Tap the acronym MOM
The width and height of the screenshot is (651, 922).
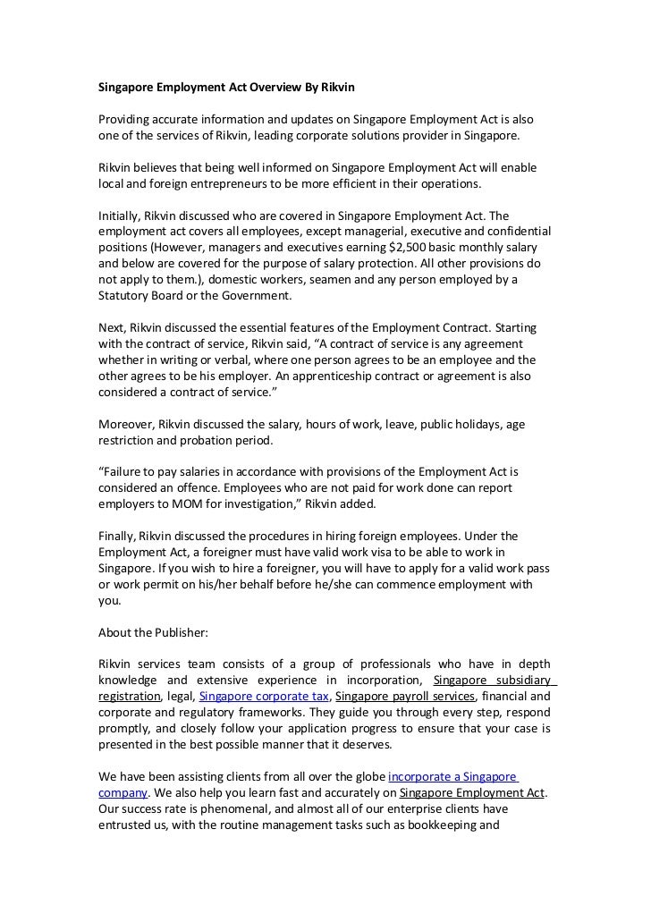pyautogui.click(x=183, y=503)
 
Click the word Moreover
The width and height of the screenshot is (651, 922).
pyautogui.click(x=127, y=424)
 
